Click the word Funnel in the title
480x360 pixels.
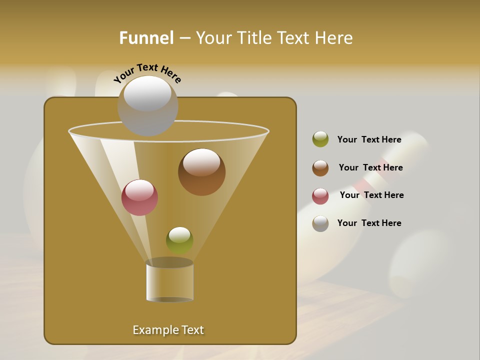[x=146, y=38]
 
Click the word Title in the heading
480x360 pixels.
[x=254, y=38]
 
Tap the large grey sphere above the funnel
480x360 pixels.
[x=147, y=106]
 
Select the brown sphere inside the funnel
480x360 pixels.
[x=201, y=172]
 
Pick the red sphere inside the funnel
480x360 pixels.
[x=139, y=198]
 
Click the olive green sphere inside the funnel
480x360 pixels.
[x=179, y=240]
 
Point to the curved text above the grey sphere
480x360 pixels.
[x=147, y=73]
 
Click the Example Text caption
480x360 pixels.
[x=168, y=330]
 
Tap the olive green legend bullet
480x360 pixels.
[x=320, y=139]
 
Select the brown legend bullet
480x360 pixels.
[x=320, y=168]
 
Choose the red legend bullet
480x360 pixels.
[x=320, y=196]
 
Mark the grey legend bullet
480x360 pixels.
[x=320, y=223]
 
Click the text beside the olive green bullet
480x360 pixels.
[x=369, y=139]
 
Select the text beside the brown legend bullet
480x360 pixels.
[x=370, y=167]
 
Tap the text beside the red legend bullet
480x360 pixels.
[x=371, y=195]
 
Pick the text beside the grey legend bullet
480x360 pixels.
[x=369, y=223]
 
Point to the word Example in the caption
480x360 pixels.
[x=151, y=330]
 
